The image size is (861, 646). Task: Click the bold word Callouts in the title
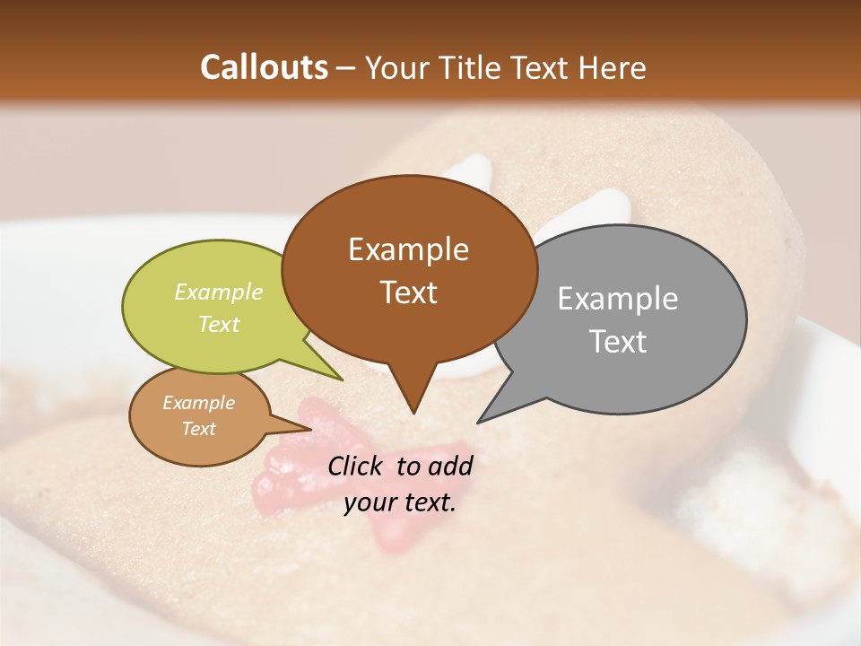click(264, 67)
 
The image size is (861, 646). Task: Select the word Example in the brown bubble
click(408, 249)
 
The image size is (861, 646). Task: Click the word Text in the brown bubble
click(408, 292)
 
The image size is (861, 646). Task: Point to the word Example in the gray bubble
click(618, 299)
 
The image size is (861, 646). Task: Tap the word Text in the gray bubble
click(618, 341)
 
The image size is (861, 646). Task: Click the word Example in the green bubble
click(219, 292)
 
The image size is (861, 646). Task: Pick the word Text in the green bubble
click(219, 324)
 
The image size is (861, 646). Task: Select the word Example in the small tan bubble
click(199, 403)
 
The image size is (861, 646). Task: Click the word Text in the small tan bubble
click(199, 429)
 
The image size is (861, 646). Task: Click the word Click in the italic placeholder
click(357, 466)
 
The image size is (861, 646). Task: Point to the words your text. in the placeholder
click(400, 502)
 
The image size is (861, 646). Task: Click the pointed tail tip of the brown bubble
click(413, 413)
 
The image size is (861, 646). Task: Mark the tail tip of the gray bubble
click(478, 422)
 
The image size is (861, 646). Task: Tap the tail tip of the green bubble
click(342, 380)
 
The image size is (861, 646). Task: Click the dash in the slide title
click(346, 68)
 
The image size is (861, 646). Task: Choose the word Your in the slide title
click(396, 67)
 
